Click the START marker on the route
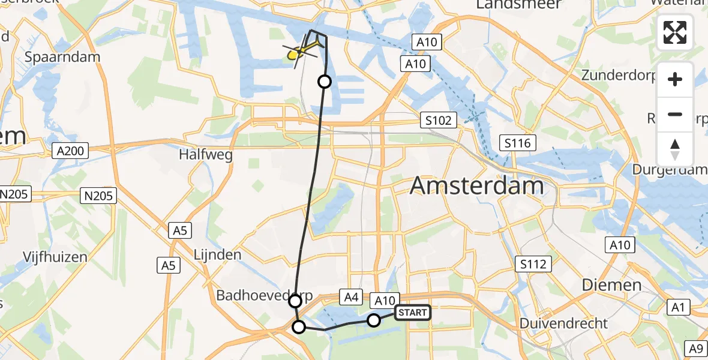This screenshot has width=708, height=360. click(x=413, y=313)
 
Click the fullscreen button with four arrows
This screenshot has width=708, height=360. click(x=675, y=32)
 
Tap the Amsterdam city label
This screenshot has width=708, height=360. click(x=476, y=186)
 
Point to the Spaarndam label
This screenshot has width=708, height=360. click(x=63, y=57)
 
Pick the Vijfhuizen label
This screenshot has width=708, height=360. click(x=55, y=257)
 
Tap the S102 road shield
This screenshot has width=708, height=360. click(x=439, y=121)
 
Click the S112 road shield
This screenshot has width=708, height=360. click(x=533, y=263)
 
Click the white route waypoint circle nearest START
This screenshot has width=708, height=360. click(x=374, y=320)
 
